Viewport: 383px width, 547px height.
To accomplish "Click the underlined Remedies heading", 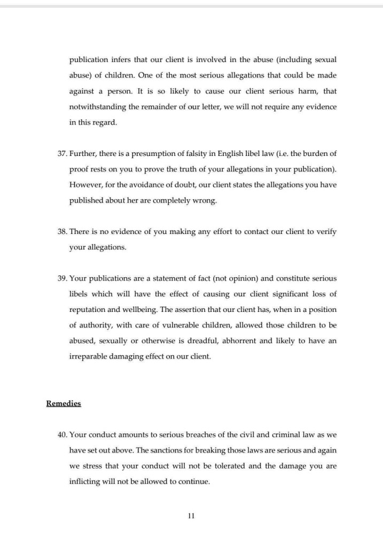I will point(64,403).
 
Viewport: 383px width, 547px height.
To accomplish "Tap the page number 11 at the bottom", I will point(191,515).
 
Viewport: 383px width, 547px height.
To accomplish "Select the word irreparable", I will point(89,356).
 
